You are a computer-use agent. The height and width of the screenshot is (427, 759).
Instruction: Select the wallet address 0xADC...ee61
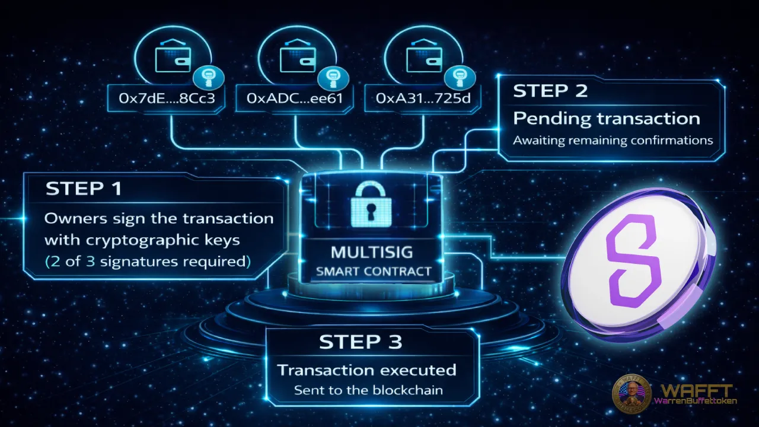[289, 99]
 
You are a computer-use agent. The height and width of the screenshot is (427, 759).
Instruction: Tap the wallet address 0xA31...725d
[423, 99]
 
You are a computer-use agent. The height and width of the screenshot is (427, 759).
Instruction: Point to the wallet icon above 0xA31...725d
[419, 58]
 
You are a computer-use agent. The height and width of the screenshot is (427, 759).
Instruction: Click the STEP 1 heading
[84, 189]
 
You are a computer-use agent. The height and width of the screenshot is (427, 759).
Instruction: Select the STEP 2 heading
[550, 91]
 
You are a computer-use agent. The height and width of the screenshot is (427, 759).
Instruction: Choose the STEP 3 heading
[361, 342]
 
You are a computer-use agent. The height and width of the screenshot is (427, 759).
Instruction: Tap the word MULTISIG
[372, 252]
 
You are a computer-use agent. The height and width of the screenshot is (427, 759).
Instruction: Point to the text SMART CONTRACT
[373, 272]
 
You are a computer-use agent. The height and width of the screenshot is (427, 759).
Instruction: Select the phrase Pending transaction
[606, 118]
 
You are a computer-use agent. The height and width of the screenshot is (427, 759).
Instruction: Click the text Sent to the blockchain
[368, 391]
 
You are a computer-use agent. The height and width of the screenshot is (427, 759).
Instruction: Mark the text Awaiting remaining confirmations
[613, 141]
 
